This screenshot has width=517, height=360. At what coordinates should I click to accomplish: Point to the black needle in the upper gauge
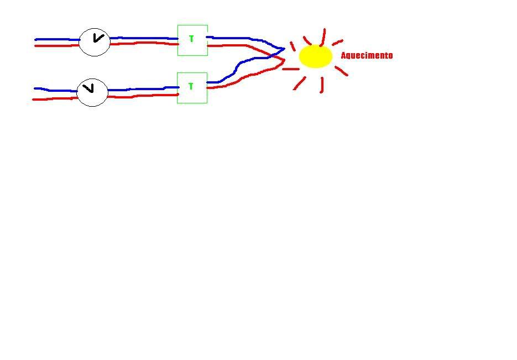coord(98,38)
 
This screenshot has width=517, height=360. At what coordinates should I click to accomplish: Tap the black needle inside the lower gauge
coord(88,88)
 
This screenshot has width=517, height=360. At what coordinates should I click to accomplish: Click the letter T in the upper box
coord(191,39)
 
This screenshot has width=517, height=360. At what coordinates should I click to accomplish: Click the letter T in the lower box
coord(191,86)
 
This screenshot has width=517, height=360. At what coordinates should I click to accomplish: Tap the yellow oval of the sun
coord(316,56)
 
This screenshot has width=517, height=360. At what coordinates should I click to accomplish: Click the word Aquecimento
coord(367,55)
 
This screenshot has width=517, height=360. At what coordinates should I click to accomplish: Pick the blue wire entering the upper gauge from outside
coord(57,40)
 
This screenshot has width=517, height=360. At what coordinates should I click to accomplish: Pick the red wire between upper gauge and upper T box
coord(144,43)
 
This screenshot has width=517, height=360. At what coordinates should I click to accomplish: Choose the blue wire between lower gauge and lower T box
coord(143,88)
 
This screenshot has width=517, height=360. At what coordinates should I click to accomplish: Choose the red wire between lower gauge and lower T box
coord(143,96)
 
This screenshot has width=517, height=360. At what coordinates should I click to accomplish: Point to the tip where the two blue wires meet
coord(284,49)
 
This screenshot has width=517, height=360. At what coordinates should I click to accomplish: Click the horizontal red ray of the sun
coord(291,69)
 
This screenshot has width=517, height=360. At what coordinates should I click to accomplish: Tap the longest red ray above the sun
coord(323,37)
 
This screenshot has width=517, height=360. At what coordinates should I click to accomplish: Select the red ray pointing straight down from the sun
coord(322,85)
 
